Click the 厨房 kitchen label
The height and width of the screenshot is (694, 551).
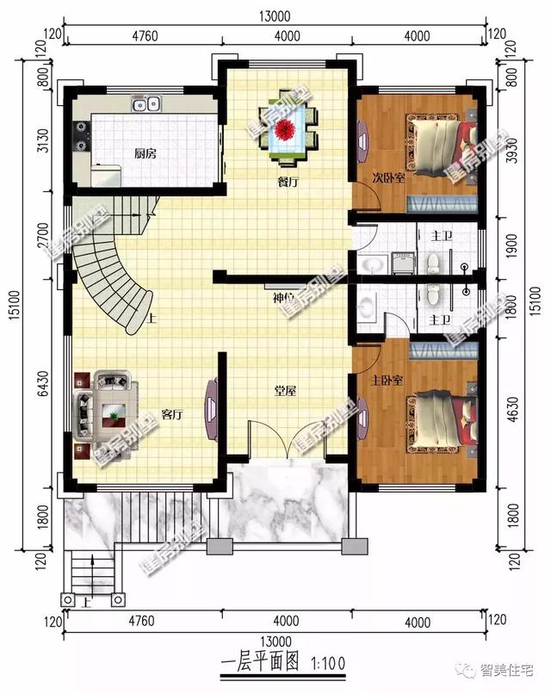145,154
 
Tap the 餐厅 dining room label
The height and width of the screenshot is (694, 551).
287,182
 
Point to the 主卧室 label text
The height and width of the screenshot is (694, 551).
387,379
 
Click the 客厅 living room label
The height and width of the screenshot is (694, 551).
171,414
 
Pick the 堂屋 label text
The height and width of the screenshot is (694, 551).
285,391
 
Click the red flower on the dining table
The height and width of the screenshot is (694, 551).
286,130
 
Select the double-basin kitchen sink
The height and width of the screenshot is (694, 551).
146,104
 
